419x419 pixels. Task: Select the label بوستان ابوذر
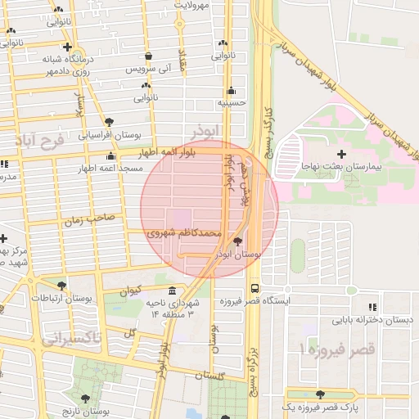pyautogui.click(x=237, y=255)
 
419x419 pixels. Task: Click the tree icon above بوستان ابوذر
pyautogui.click(x=237, y=241)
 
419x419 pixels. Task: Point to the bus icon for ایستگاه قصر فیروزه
pyautogui.click(x=255, y=289)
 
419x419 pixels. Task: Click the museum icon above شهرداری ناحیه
pyautogui.click(x=172, y=291)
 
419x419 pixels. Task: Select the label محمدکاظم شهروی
pyautogui.click(x=184, y=233)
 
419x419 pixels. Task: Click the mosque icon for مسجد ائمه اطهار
pyautogui.click(x=111, y=155)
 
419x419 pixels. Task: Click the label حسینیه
pyautogui.click(x=232, y=104)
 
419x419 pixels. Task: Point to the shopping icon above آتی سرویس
pyautogui.click(x=148, y=56)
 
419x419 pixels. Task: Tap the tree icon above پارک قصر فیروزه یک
pyautogui.click(x=320, y=394)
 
